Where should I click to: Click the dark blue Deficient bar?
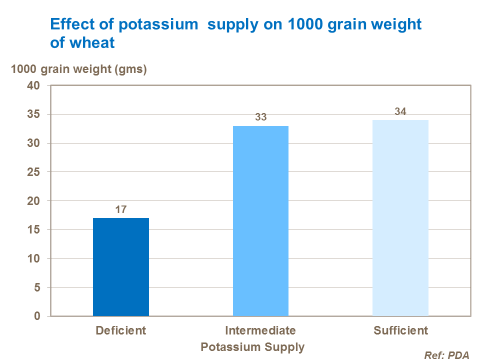tap(121, 267)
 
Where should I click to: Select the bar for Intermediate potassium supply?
tap(260, 221)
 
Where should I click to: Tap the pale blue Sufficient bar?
tap(400, 218)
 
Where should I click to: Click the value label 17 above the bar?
tap(120, 209)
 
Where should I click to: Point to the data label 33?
tap(260, 117)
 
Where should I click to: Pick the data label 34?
tap(400, 111)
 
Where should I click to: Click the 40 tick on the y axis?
tap(33, 85)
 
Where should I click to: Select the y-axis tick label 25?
tap(33, 172)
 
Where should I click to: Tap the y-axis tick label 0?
tap(36, 316)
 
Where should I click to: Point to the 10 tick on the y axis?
tap(33, 258)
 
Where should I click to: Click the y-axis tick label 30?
tap(33, 143)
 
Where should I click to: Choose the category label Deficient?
tap(120, 330)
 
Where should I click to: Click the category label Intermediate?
tap(260, 330)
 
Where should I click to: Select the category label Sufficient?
tap(400, 330)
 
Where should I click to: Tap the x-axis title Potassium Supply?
tap(252, 346)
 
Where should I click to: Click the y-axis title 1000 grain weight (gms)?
tap(79, 69)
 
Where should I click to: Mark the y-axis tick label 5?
tap(36, 287)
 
